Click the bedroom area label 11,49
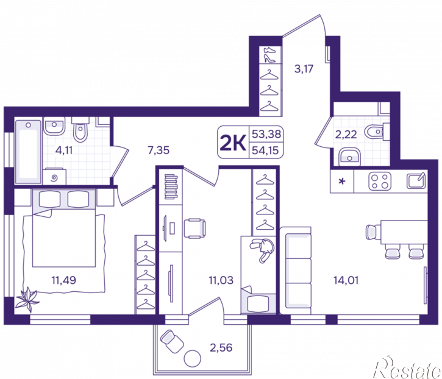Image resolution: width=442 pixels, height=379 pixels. click(63, 280)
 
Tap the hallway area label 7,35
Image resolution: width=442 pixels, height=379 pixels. click(159, 150)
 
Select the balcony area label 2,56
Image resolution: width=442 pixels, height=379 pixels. click(221, 347)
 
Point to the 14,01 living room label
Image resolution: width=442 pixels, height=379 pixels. click(346, 280)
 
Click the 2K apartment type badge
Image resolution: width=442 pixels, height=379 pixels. click(233, 143)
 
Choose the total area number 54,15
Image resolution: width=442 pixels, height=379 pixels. click(265, 151)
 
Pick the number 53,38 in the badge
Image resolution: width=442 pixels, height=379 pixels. click(266, 134)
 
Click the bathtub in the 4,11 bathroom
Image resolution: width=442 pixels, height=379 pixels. click(28, 152)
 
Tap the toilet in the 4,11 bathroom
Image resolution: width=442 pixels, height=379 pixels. click(80, 130)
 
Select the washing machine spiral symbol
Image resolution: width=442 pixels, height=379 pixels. click(54, 178)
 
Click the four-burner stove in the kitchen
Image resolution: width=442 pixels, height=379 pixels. click(380, 181)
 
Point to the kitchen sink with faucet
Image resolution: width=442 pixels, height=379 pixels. click(416, 180)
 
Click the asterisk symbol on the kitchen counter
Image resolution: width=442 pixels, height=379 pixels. click(342, 181)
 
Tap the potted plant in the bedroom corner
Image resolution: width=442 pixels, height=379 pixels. click(27, 300)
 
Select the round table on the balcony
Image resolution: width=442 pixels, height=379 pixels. click(192, 358)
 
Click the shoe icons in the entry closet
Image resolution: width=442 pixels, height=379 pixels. click(269, 55)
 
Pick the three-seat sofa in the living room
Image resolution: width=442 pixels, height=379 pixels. click(296, 271)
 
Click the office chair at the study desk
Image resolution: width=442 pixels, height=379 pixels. click(194, 228)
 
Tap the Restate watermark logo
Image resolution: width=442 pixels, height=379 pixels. click(407, 367)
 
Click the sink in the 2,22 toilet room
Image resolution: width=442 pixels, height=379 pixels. click(349, 157)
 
